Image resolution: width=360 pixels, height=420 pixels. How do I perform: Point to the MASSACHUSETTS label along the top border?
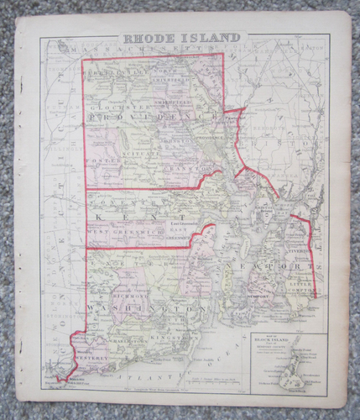click(x=151, y=51)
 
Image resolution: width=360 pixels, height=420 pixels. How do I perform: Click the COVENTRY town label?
click(x=113, y=202)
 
